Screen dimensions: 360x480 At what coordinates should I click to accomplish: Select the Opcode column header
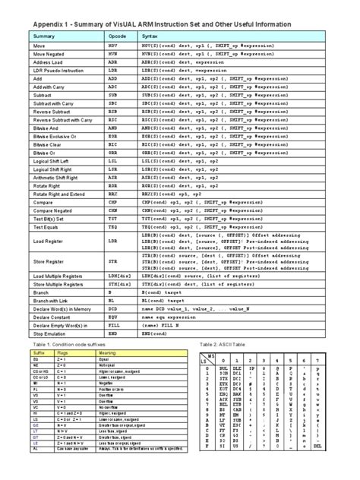click(118, 36)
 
